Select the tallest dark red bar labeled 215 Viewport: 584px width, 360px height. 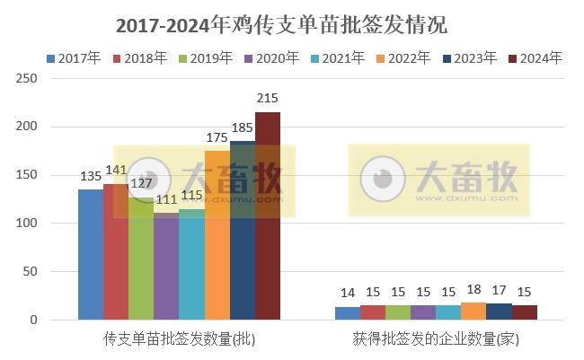268,215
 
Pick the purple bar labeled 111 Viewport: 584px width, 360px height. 166,266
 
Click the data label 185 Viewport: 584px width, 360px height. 243,128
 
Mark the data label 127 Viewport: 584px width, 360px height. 142,183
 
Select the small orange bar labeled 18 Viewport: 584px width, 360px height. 473,311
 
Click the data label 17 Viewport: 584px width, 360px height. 499,291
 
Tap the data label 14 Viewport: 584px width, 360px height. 348,293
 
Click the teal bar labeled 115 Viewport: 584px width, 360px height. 191,264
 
